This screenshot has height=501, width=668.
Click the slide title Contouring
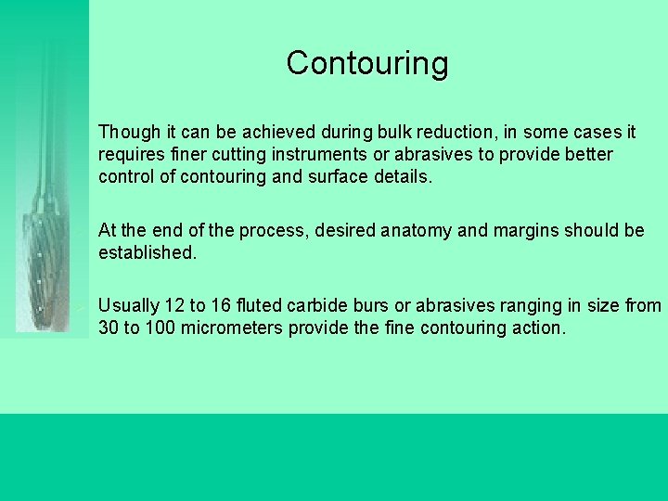click(367, 63)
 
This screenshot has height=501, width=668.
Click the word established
click(148, 252)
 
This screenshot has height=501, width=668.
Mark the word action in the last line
click(535, 328)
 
